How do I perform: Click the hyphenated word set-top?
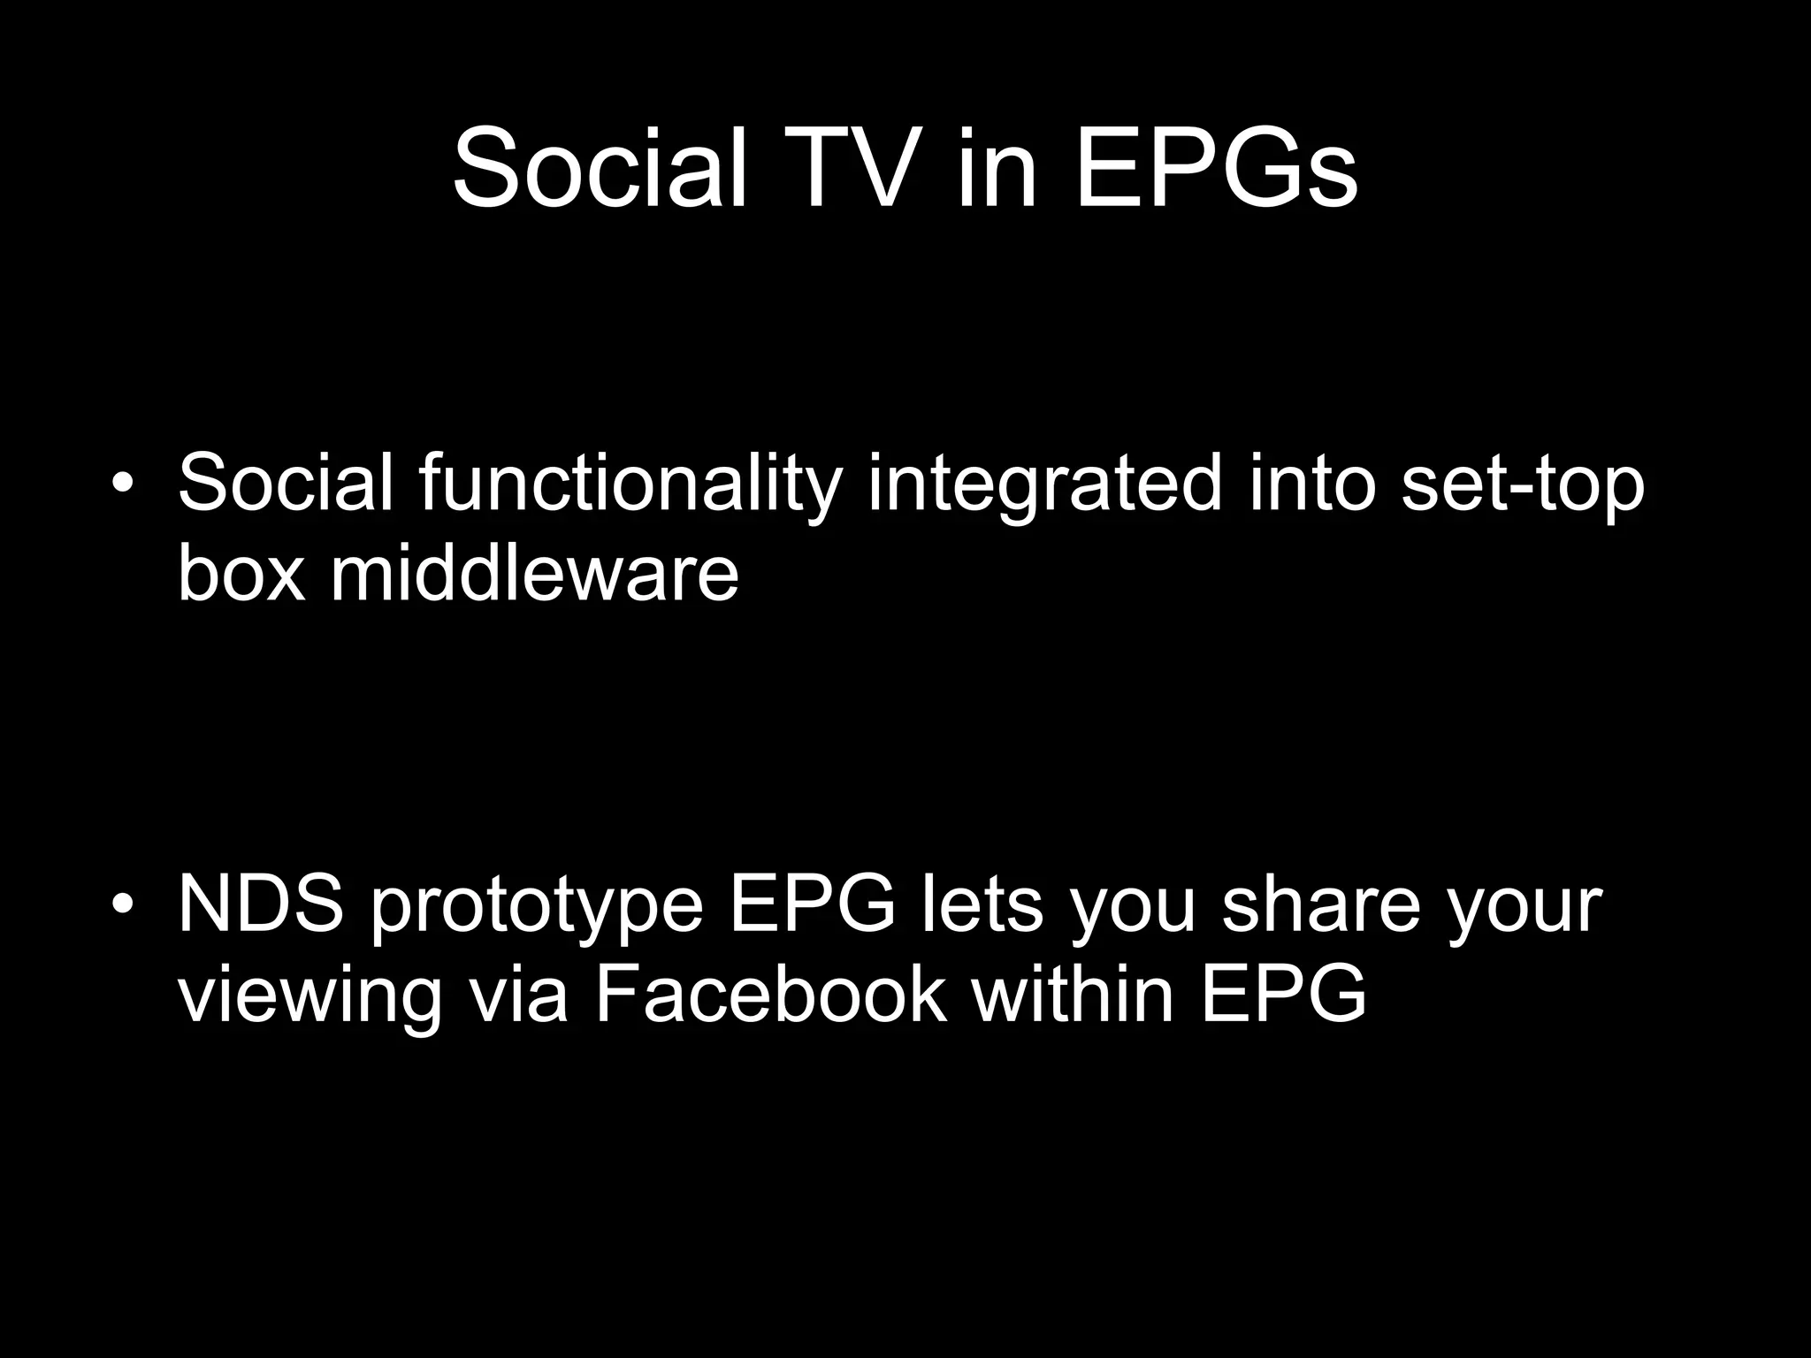point(1522,484)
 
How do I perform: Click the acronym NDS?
point(260,905)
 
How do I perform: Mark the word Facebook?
point(770,995)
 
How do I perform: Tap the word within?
point(1073,995)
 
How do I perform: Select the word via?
point(517,995)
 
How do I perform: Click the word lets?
point(982,905)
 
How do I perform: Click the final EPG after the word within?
point(1284,995)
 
